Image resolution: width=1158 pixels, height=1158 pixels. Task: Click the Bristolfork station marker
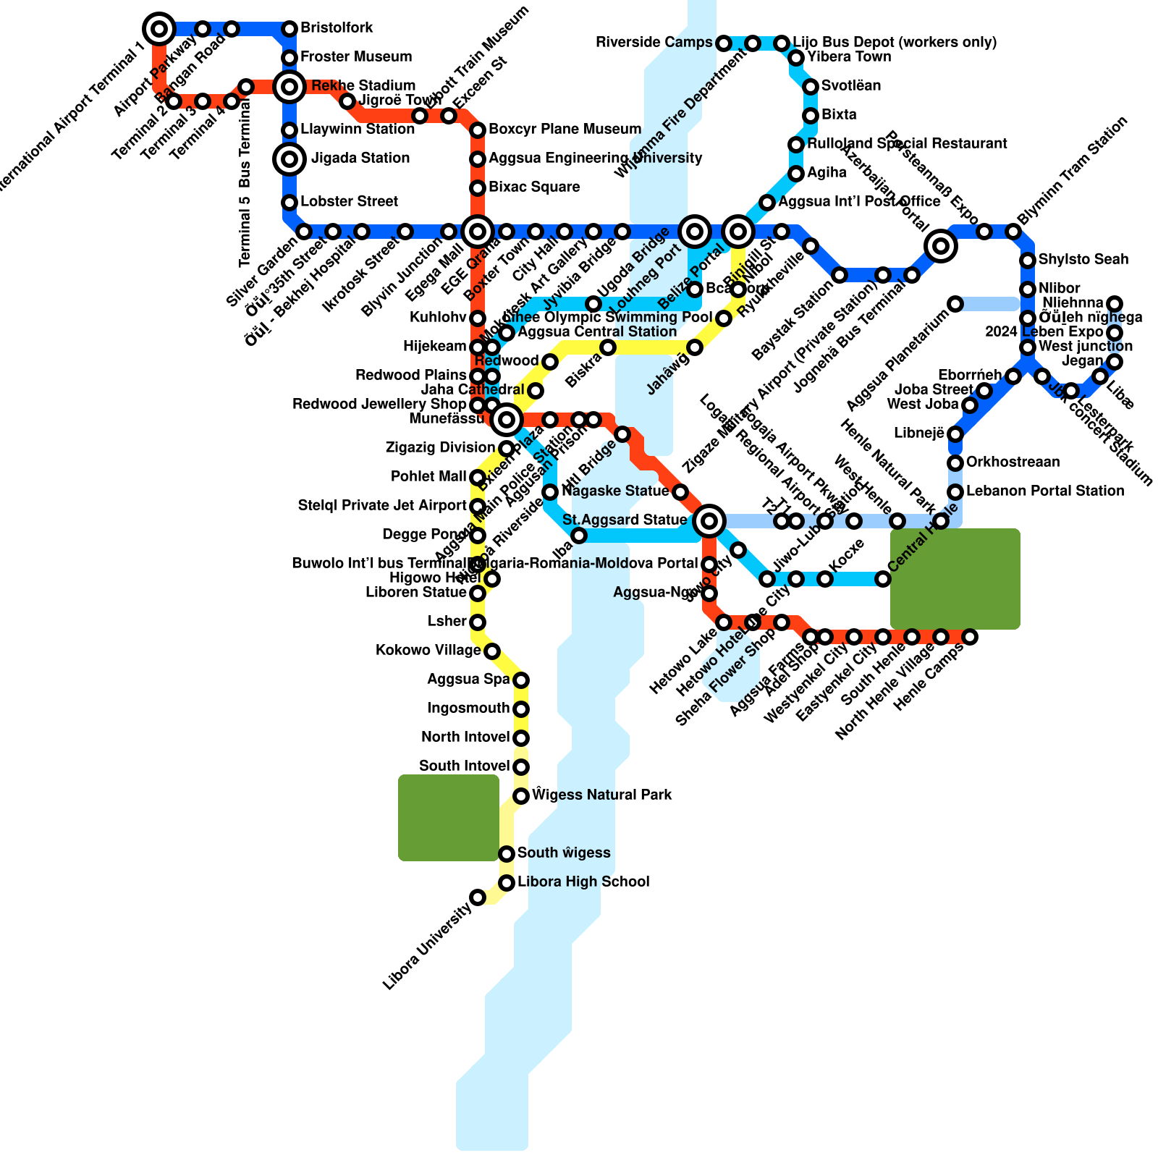(x=289, y=29)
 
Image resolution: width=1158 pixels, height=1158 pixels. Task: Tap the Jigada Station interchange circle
(x=289, y=159)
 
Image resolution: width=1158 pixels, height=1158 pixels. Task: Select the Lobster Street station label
(x=349, y=201)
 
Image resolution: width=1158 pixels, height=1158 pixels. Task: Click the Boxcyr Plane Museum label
(x=565, y=129)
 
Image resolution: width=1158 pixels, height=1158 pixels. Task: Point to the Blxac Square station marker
(x=478, y=188)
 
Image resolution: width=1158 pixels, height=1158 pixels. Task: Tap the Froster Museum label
(x=356, y=56)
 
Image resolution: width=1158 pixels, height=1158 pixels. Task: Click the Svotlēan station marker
(x=811, y=87)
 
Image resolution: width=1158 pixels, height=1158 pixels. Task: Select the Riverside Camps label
(x=654, y=42)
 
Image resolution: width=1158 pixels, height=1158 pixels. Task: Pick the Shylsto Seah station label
(x=1083, y=259)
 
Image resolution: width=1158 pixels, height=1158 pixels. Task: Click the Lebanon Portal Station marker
(x=955, y=492)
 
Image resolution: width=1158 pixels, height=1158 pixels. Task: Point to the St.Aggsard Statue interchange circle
(x=709, y=520)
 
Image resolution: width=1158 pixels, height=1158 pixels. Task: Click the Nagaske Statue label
(x=615, y=491)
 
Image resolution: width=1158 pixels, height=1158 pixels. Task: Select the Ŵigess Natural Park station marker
(x=521, y=796)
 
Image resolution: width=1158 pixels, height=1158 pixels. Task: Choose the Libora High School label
(x=583, y=882)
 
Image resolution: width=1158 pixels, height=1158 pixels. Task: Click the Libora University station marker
(x=478, y=897)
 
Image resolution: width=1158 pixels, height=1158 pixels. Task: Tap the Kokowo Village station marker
(x=492, y=651)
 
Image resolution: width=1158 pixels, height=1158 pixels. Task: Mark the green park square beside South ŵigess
(x=449, y=818)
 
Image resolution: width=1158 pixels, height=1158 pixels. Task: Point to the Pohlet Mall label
(x=428, y=476)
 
